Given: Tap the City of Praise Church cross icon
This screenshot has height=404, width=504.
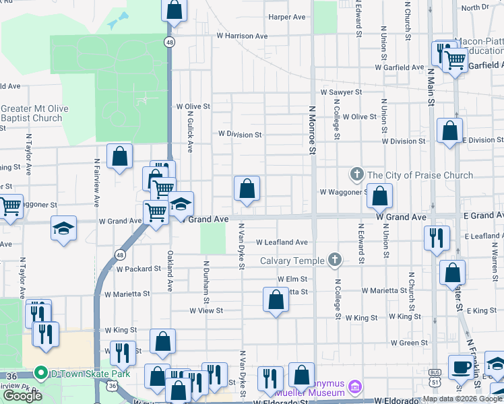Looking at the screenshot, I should [x=357, y=175].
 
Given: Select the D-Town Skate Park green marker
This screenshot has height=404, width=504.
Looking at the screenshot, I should [x=40, y=372].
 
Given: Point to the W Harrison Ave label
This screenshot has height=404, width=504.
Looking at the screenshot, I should [x=242, y=36].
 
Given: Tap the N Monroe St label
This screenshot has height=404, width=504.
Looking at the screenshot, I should [x=312, y=129].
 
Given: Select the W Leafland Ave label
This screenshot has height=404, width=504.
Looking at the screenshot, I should [x=282, y=242].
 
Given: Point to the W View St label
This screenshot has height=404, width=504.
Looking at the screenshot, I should [x=206, y=311].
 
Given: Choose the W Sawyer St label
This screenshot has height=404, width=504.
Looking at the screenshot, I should [x=342, y=92].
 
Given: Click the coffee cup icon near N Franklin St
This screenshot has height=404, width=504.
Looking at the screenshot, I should [x=462, y=367].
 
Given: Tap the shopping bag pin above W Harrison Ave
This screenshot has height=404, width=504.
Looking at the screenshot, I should [x=174, y=10].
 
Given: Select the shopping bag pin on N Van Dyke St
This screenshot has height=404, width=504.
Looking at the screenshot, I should [x=247, y=189].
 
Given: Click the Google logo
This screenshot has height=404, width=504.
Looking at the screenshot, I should [x=23, y=396].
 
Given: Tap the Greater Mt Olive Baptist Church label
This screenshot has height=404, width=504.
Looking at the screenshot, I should [x=31, y=113].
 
